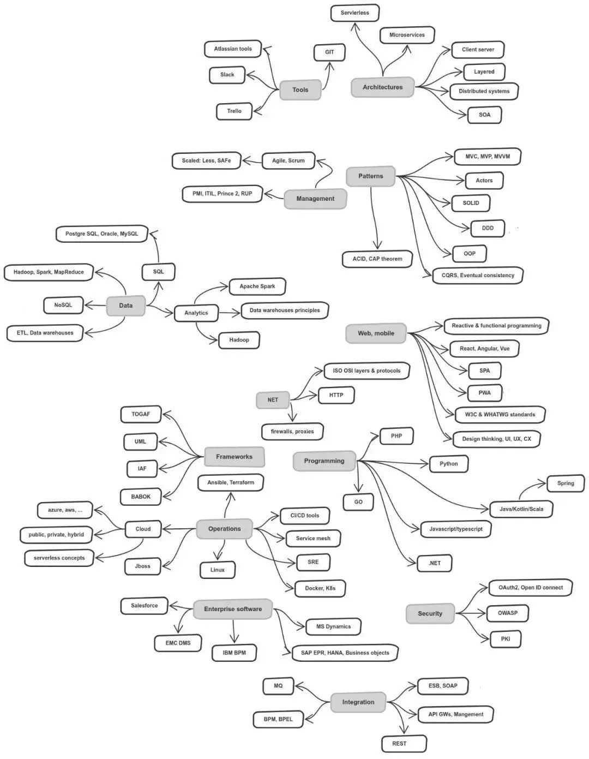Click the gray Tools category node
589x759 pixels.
tap(300, 90)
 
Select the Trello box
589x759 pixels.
tap(235, 111)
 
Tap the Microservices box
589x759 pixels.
tap(407, 35)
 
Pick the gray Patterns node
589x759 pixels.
tap(371, 176)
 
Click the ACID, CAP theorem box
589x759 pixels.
tap(377, 259)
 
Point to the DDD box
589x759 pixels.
tap(488, 228)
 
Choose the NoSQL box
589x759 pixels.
tap(63, 305)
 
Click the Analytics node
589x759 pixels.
tap(196, 313)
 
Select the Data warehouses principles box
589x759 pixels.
tap(285, 310)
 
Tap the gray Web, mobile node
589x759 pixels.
tap(376, 333)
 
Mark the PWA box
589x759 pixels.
tap(484, 393)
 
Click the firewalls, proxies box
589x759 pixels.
tap(292, 432)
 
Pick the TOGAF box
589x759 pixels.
tap(141, 414)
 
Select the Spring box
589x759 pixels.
tap(566, 483)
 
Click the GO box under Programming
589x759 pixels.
tap(358, 502)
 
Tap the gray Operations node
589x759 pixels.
tap(224, 529)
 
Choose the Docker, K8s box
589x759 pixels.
tap(320, 588)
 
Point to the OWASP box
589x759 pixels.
tap(507, 613)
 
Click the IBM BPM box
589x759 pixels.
tap(234, 653)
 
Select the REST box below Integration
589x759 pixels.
tap(399, 744)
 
